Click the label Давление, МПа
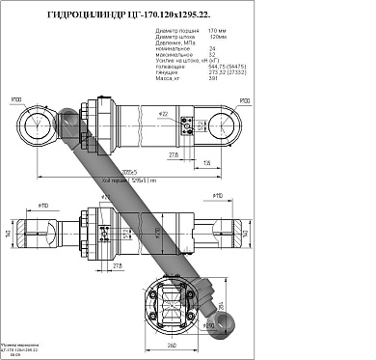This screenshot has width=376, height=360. coord(175,45)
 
